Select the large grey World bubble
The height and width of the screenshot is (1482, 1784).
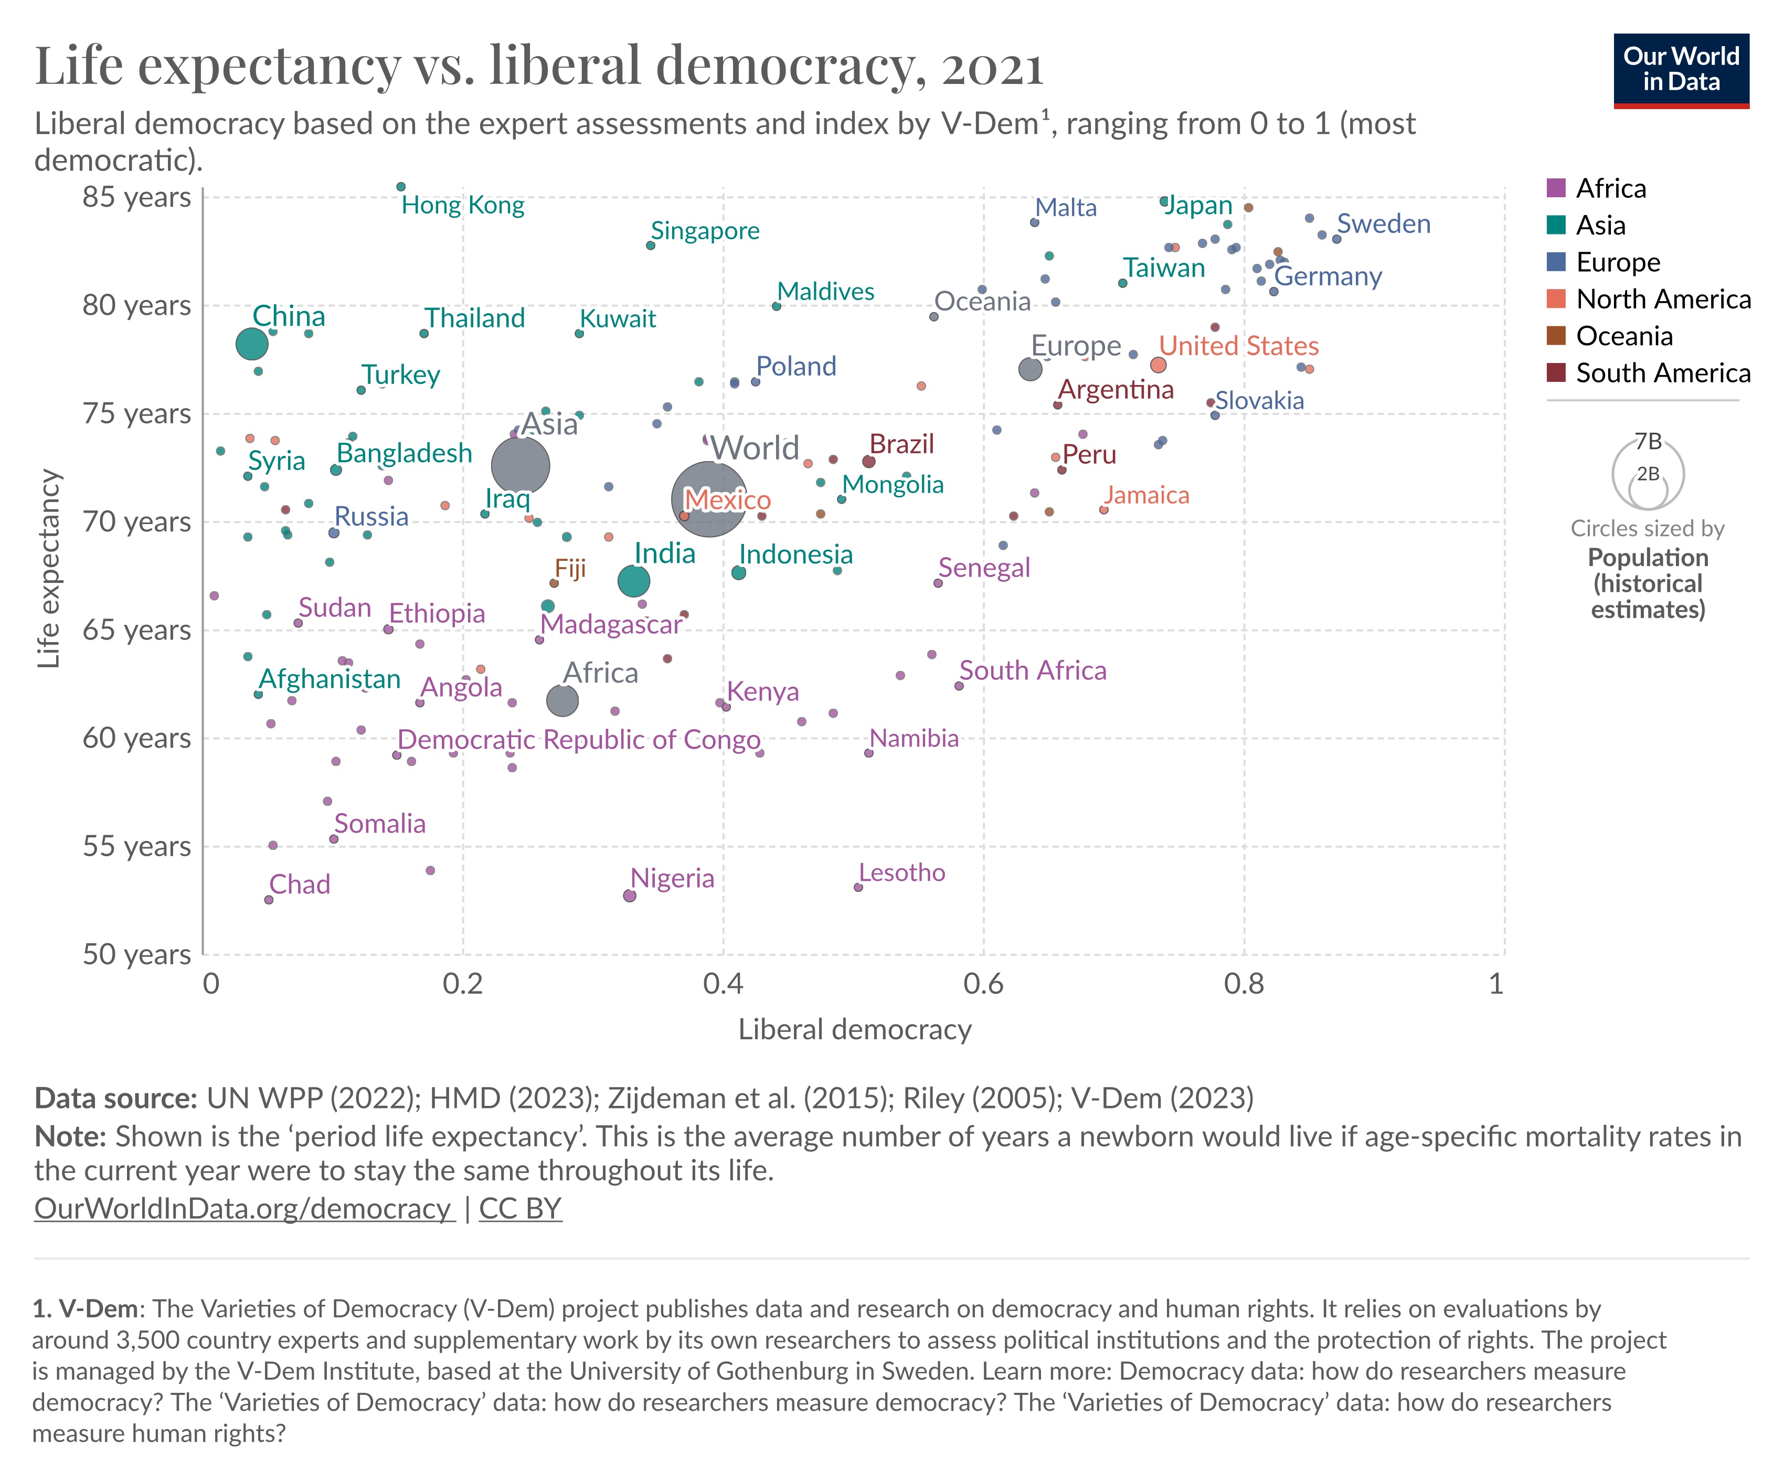click(x=708, y=498)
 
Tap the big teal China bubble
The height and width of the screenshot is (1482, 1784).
click(x=252, y=344)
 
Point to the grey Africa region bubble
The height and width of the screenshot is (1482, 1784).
click(x=562, y=701)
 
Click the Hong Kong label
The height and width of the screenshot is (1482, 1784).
click(x=462, y=206)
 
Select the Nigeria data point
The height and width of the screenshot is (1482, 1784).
click(x=630, y=896)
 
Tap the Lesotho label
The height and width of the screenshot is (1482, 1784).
click(x=901, y=873)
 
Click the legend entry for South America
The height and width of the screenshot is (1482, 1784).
click(x=1662, y=373)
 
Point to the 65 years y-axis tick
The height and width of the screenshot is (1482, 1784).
click(x=136, y=630)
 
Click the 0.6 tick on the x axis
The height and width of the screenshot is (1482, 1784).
click(x=984, y=984)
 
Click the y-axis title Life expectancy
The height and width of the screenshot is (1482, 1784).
click(x=49, y=569)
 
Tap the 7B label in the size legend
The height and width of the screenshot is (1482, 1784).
click(x=1648, y=442)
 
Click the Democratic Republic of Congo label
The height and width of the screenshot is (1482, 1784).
click(x=579, y=740)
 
